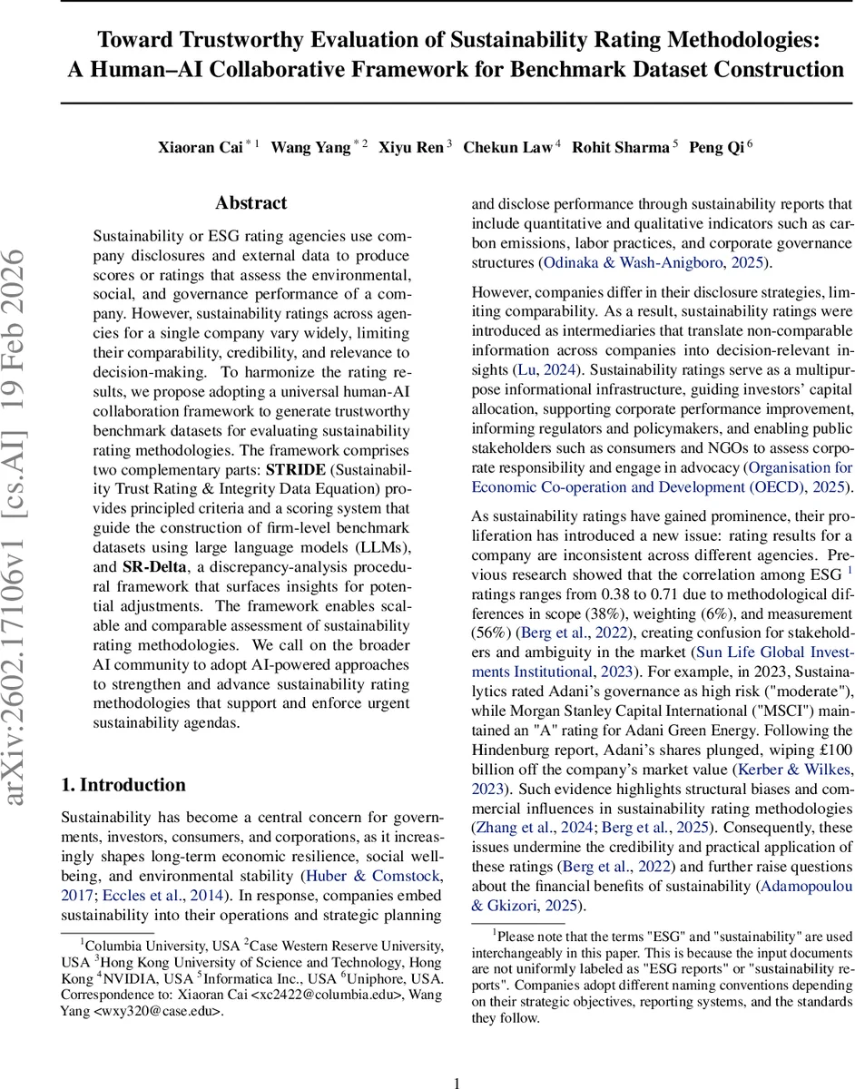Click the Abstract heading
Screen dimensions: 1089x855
(x=251, y=202)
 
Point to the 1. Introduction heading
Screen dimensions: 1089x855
(x=123, y=784)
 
